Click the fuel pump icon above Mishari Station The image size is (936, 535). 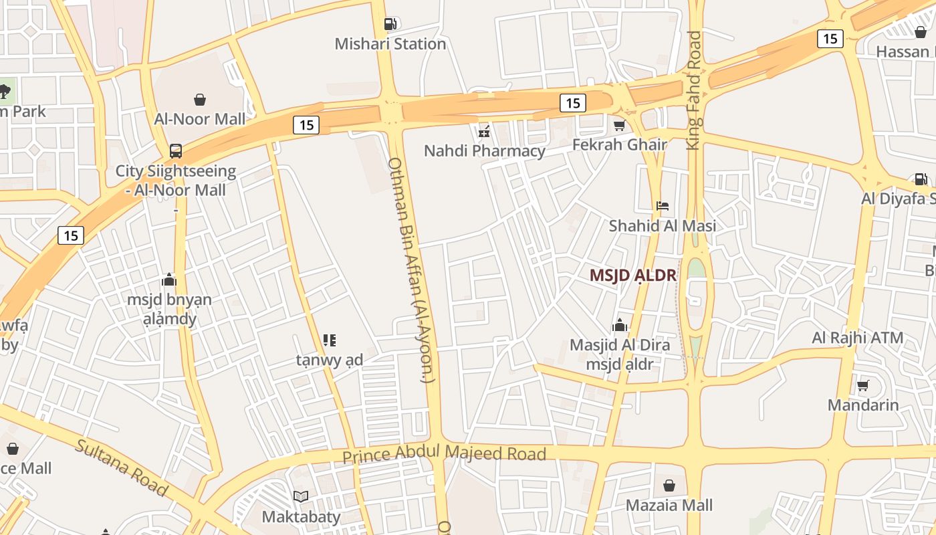pos(390,24)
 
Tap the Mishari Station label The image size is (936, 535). pos(390,44)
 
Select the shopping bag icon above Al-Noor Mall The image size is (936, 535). pos(199,100)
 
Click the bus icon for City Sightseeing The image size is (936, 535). pos(175,150)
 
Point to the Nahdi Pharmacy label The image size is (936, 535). pos(485,151)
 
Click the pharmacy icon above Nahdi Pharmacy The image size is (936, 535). pos(485,131)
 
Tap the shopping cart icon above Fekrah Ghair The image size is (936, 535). pos(619,125)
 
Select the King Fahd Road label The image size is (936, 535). pos(695,90)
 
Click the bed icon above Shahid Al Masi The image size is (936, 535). pos(662,206)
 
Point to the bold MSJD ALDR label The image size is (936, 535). pos(633,276)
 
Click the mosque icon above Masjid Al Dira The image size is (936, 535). pos(620,326)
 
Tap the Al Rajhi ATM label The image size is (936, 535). pos(858,338)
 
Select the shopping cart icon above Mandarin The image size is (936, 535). pos(862,385)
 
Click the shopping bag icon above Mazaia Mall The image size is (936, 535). pos(669,486)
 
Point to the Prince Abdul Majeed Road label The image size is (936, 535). pos(444,455)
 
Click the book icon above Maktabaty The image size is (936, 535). pos(301,496)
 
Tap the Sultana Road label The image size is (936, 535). pos(121,467)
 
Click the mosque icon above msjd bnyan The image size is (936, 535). pos(169,280)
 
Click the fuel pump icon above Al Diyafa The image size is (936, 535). pos(921,179)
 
